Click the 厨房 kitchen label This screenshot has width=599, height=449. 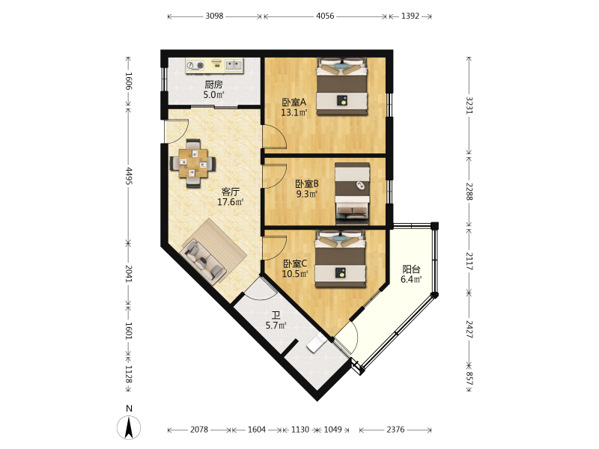[x=213, y=85]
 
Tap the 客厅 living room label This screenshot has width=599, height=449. [x=231, y=192]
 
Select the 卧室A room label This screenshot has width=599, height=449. [x=294, y=103]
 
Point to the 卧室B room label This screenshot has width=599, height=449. [x=307, y=183]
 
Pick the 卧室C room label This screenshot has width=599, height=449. [x=295, y=263]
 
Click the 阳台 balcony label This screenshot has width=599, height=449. [x=411, y=269]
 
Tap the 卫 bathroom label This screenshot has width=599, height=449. [x=276, y=315]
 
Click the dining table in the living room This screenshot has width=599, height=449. [x=193, y=163]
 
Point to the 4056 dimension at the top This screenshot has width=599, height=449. [x=325, y=16]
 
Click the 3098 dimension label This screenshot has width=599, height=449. [x=214, y=16]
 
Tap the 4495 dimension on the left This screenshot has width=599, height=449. [x=128, y=176]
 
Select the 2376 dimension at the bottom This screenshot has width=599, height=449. [x=395, y=430]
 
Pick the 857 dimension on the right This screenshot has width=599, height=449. [x=469, y=378]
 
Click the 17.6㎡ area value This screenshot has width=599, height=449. [x=231, y=202]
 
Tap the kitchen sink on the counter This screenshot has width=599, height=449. [x=234, y=65]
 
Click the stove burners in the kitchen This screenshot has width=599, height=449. [x=195, y=66]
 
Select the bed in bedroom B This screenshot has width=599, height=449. [x=352, y=194]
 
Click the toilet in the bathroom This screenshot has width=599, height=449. [x=315, y=343]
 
